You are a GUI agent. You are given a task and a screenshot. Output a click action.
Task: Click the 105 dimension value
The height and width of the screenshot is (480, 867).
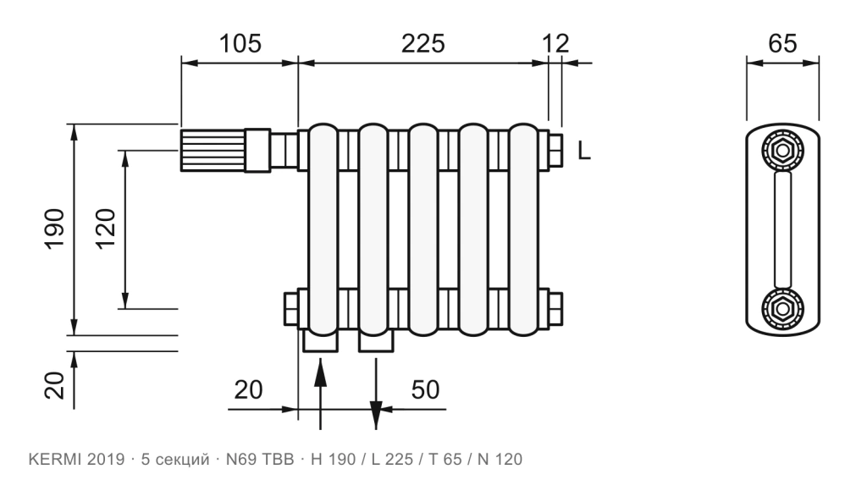pyautogui.click(x=240, y=43)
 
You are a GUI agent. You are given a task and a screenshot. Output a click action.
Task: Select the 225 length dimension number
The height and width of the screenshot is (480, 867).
pyautogui.click(x=422, y=43)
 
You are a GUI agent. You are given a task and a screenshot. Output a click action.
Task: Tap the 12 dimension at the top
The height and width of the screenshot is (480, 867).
pyautogui.click(x=555, y=43)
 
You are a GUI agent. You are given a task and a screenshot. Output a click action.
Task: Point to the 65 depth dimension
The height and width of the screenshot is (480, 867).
pyautogui.click(x=782, y=43)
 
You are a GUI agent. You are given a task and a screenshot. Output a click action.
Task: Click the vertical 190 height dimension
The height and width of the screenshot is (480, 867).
pyautogui.click(x=54, y=229)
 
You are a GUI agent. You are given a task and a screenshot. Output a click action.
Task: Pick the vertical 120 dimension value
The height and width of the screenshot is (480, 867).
pyautogui.click(x=105, y=229)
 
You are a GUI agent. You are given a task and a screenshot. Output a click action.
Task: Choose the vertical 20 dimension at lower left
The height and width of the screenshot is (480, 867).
pyautogui.click(x=54, y=385)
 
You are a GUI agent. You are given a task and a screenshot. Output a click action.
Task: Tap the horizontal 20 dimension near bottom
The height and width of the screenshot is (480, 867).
pyautogui.click(x=248, y=390)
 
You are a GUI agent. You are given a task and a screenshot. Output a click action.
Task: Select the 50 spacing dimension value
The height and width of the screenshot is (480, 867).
pyautogui.click(x=425, y=390)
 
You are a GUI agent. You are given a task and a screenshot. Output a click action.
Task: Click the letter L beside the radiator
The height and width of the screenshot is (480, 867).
pyautogui.click(x=584, y=151)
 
